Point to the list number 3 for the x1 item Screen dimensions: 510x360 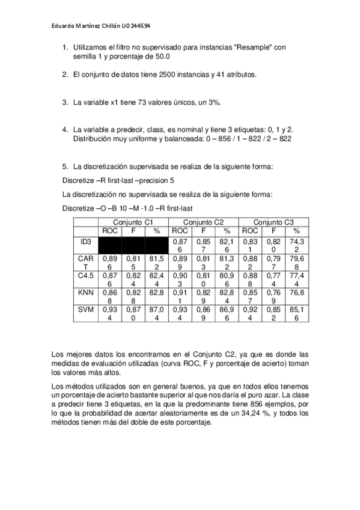65,102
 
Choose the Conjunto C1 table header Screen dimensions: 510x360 133,222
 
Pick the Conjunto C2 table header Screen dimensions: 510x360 203,222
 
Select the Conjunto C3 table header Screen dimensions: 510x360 273,222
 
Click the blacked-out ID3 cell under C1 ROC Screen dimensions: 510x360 110,245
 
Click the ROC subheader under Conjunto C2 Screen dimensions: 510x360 180,230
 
